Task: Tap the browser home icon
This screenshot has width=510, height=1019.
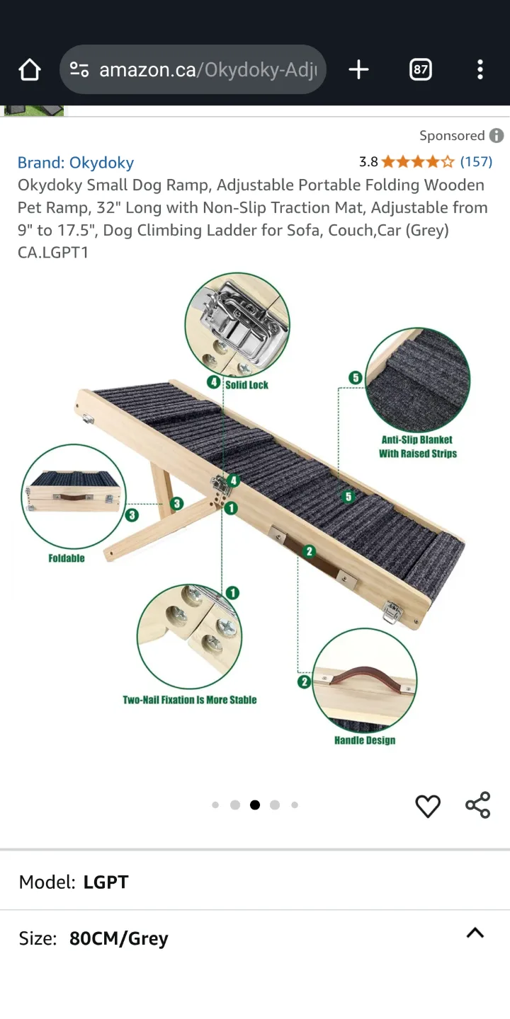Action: coord(30,69)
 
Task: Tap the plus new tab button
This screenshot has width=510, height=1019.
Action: coord(358,69)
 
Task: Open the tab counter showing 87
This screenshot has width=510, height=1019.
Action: coord(420,69)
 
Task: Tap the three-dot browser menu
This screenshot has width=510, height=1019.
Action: coord(480,69)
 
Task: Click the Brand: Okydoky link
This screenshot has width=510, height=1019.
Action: coord(76,163)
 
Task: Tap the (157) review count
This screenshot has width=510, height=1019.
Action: coord(476,161)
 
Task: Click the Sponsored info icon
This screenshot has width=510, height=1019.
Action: coord(497,135)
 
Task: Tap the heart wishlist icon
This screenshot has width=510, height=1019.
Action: coord(428,805)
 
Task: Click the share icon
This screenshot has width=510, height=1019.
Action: coord(478,805)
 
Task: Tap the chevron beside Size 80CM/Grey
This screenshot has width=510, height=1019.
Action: coord(475,933)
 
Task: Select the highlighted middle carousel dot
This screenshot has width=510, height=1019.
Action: coord(255,805)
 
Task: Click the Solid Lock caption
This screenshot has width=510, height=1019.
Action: coord(246,384)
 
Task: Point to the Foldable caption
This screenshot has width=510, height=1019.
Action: coord(67,558)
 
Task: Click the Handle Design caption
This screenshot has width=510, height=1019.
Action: coord(365,740)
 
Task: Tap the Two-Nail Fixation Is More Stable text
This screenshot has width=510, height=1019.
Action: coord(190,700)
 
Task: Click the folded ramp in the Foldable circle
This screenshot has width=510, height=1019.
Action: coord(74,492)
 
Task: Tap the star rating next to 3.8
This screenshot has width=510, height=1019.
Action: coord(418,162)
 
